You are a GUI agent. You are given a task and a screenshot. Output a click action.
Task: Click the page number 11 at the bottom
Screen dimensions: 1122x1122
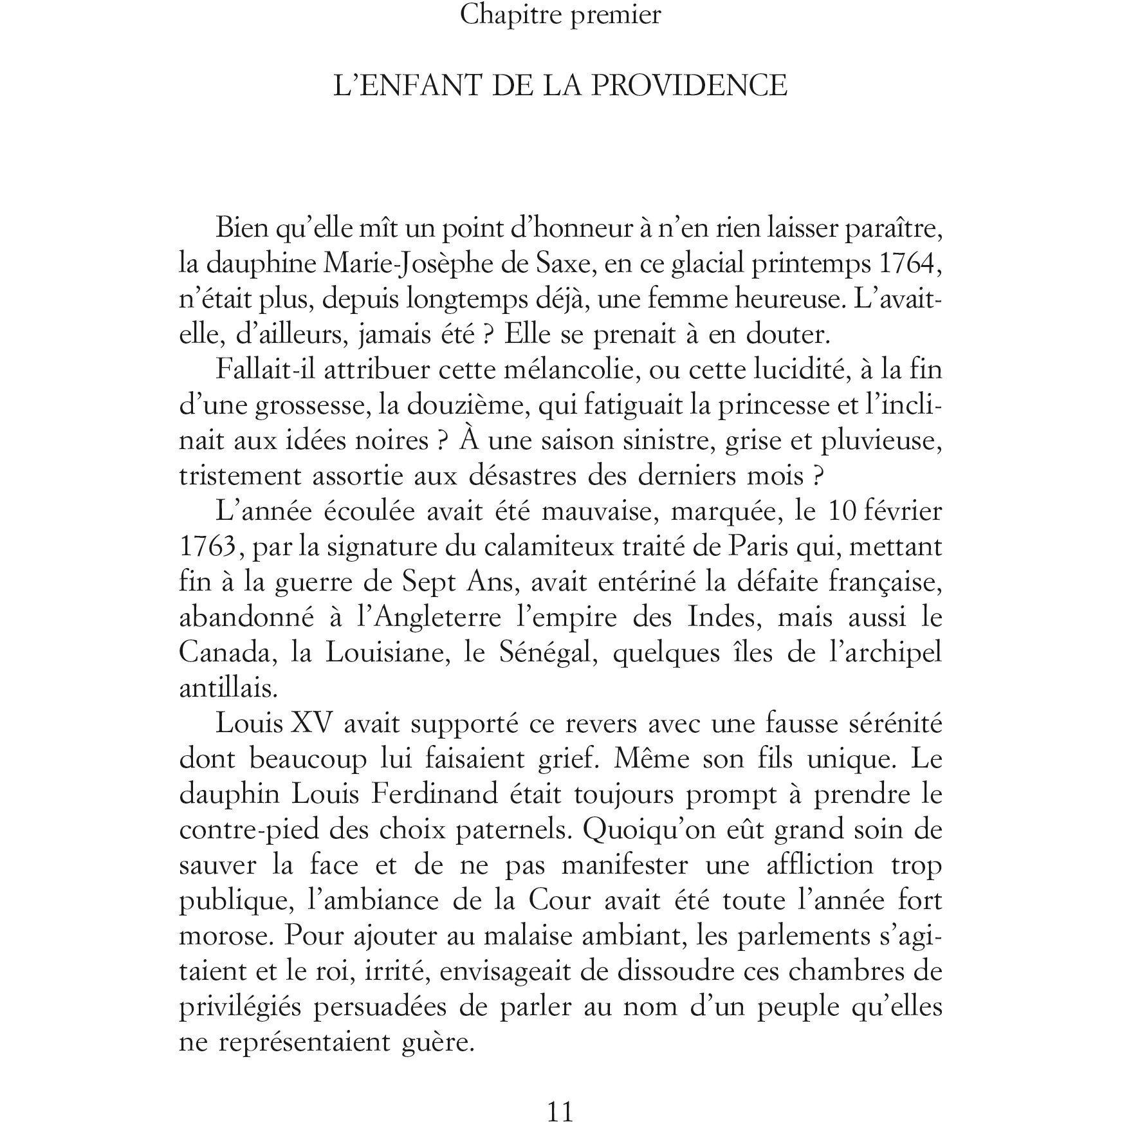(x=560, y=1111)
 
